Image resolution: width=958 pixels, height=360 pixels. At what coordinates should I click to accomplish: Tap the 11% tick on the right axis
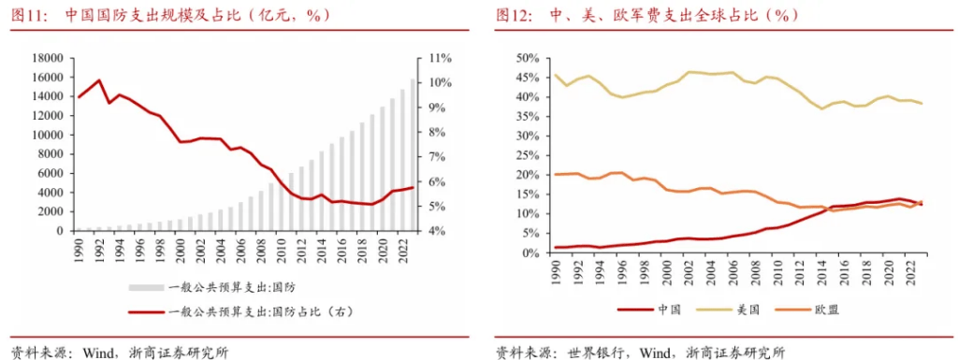click(x=437, y=58)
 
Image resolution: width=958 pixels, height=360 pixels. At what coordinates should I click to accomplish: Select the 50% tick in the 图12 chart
click(x=527, y=58)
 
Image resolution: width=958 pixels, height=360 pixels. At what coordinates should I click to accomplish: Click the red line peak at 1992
click(x=99, y=80)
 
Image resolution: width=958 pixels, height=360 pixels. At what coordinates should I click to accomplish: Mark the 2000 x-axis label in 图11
click(x=177, y=248)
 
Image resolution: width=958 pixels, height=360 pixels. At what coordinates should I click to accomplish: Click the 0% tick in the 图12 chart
click(x=530, y=252)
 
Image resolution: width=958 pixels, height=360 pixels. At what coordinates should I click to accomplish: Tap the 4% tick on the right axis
click(x=435, y=231)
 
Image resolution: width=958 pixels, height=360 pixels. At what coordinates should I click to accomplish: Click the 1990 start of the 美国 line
click(x=556, y=75)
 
